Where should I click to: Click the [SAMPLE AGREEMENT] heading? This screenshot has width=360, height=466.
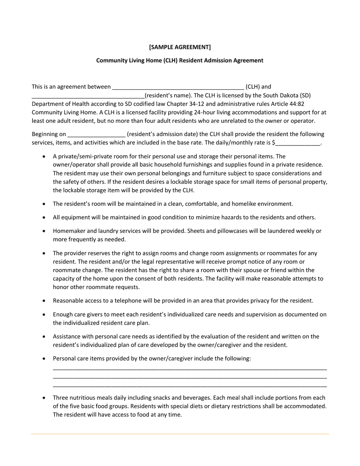(x=180, y=47)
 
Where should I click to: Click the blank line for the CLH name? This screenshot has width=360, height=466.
(x=178, y=87)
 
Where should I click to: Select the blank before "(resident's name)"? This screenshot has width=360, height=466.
(x=88, y=96)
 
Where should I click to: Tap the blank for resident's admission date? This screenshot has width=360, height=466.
(x=96, y=134)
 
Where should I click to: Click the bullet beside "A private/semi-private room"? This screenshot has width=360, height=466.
(x=45, y=156)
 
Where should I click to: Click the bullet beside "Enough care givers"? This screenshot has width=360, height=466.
(x=45, y=314)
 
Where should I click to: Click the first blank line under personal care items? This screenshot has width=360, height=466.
(x=189, y=369)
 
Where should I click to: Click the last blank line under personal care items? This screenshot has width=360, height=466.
(x=189, y=386)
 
